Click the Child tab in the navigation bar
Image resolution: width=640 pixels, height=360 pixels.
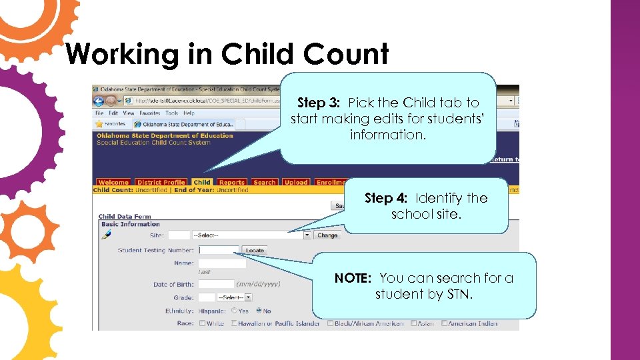[x=202, y=182]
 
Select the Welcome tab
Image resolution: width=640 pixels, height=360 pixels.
[x=113, y=182]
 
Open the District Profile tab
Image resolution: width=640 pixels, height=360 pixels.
[x=161, y=182]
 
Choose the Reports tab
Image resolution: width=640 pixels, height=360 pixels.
[x=232, y=182]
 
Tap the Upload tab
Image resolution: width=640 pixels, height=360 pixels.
[x=296, y=182]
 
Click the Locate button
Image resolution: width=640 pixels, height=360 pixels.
[x=255, y=251]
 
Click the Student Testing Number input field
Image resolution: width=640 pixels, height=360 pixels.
[x=219, y=251]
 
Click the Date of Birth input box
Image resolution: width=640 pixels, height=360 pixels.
[x=216, y=284]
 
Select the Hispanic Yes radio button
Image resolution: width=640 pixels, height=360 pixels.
[x=234, y=311]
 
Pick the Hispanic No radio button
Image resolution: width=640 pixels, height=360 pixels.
[x=259, y=311]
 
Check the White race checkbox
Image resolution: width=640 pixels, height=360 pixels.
[x=201, y=323]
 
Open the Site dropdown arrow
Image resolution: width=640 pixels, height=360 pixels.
[x=307, y=235]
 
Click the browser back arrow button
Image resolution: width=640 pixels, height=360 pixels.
[x=99, y=101]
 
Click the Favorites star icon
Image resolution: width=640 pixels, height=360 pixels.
[x=99, y=124]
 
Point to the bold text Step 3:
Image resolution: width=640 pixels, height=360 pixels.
[x=319, y=103]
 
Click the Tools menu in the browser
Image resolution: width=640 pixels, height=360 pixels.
[x=171, y=113]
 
